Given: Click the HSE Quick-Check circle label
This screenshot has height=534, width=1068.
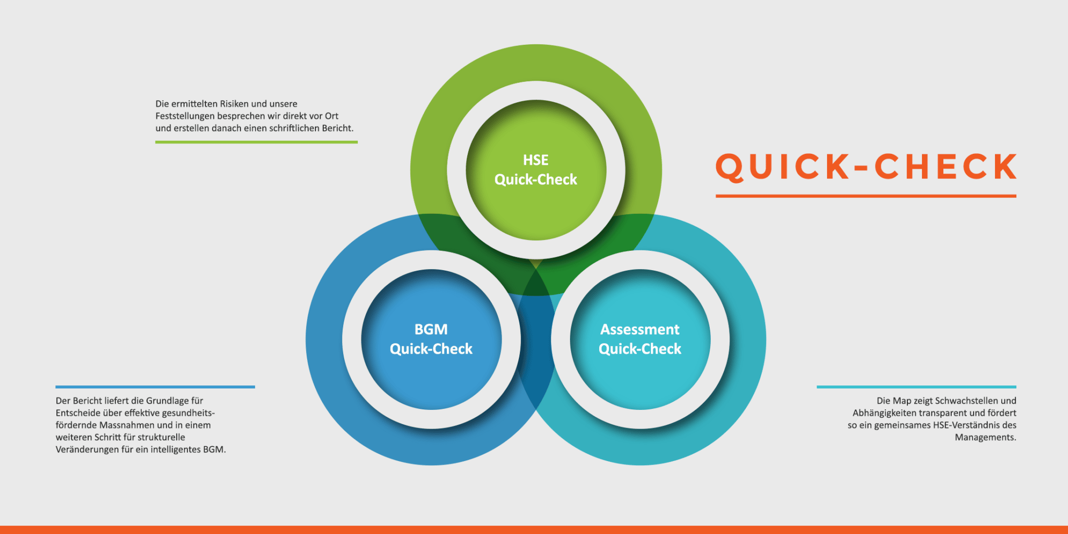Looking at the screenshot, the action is click(x=536, y=169).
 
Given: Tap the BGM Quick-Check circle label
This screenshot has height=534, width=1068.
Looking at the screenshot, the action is click(x=431, y=339).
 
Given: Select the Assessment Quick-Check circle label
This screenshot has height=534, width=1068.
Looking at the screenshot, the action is click(x=640, y=339).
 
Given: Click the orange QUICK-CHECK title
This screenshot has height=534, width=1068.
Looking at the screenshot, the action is click(x=866, y=167).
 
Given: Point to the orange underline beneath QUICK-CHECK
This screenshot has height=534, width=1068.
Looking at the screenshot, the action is click(x=866, y=196).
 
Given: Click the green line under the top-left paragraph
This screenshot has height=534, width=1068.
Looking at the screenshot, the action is click(x=257, y=142).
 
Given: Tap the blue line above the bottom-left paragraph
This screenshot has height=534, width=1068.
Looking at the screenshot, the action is click(x=155, y=387).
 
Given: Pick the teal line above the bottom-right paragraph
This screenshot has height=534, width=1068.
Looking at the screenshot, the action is click(x=916, y=387).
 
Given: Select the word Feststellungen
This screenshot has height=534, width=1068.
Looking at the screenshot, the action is click(x=185, y=116).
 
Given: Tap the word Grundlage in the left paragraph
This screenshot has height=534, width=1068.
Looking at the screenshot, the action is click(x=167, y=401).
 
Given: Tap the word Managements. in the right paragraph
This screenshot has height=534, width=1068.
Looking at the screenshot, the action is click(x=986, y=438).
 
